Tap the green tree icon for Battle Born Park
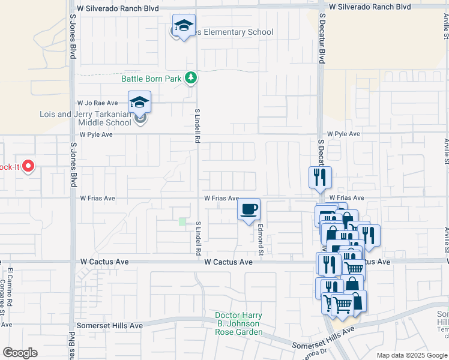191,77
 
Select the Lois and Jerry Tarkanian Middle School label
85,118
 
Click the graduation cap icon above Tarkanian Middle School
139,102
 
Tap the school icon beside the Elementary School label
183,26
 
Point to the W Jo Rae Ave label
96,103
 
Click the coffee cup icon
249,209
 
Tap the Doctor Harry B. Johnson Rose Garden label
239,324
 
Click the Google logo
20,353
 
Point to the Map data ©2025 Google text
412,355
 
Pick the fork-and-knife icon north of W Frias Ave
320,178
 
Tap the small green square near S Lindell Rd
182,222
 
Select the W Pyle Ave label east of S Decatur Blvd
343,134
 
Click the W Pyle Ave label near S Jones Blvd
96,134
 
